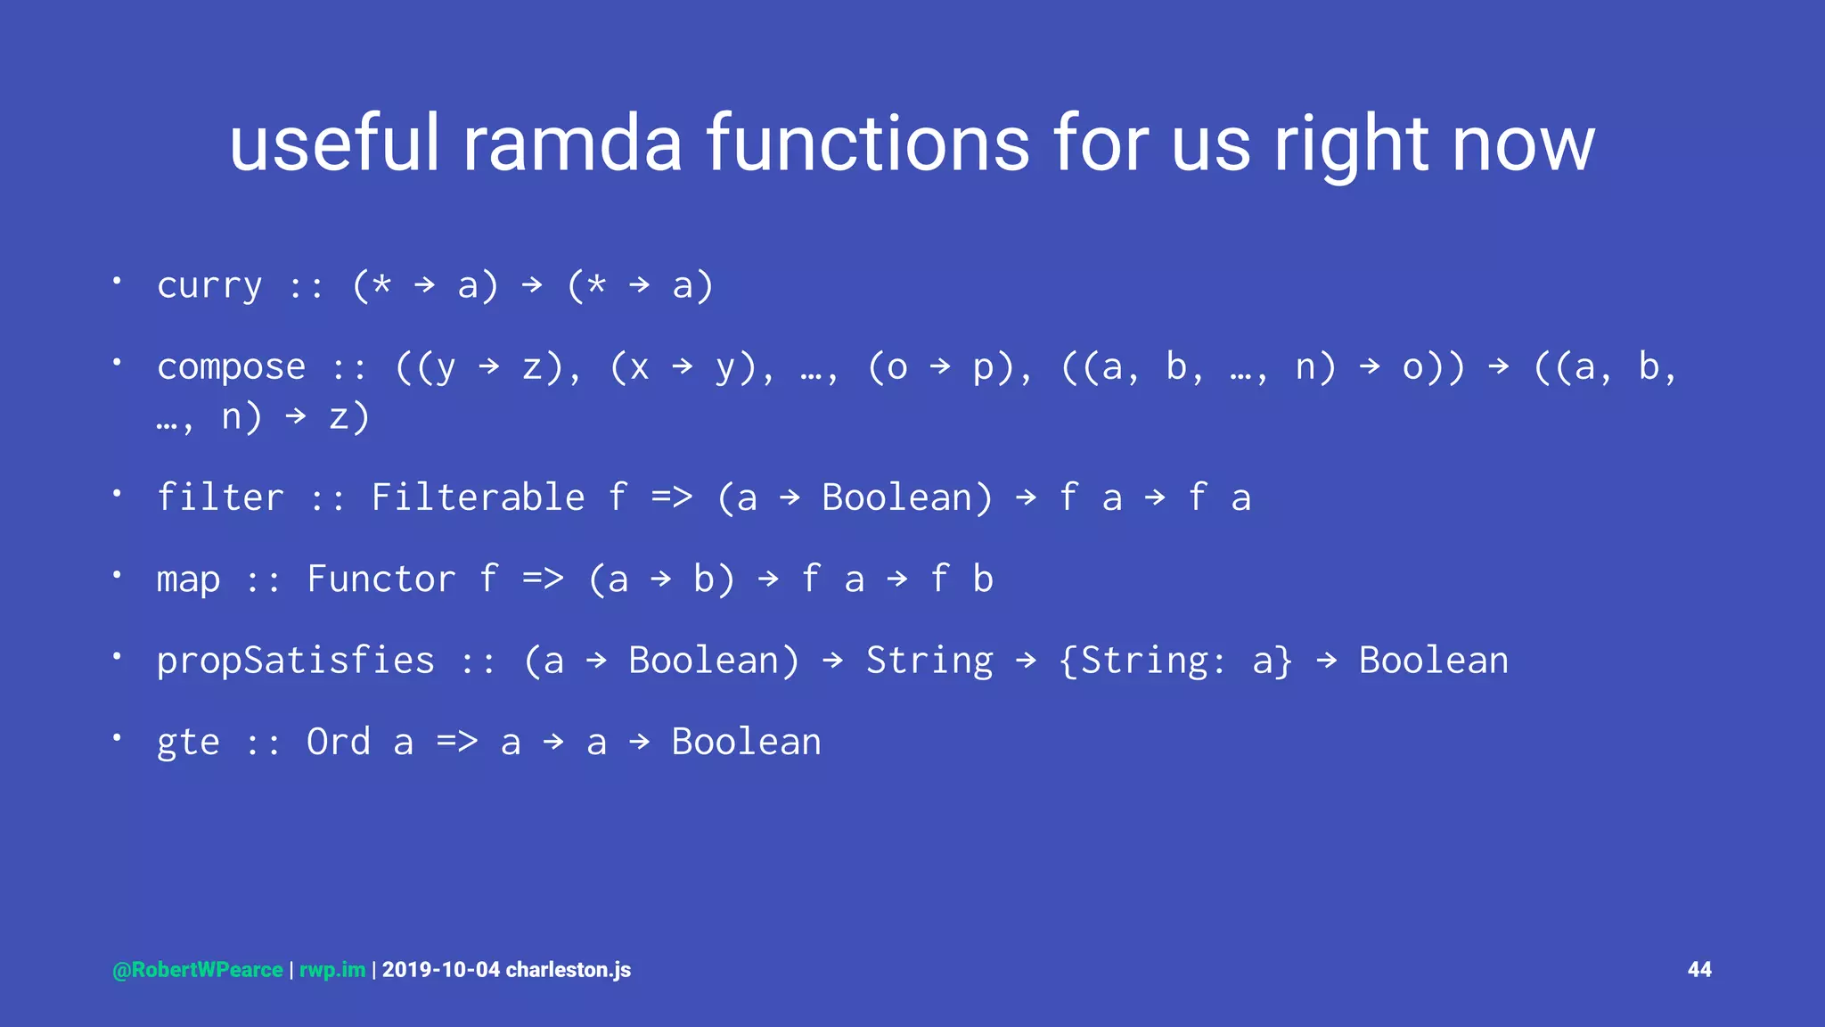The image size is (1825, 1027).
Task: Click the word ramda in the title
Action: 572,144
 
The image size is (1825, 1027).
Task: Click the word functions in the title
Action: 869,144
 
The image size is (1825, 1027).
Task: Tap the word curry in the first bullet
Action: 209,286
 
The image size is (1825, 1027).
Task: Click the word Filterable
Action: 478,497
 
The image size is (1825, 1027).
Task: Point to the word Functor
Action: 381,579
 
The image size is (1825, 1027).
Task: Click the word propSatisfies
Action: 295,661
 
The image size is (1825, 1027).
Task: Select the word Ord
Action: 338,742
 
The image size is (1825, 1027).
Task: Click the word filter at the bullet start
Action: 220,497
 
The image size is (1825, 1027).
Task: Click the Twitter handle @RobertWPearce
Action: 198,970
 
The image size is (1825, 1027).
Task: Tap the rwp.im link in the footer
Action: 331,970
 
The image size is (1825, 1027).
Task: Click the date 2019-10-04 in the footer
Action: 441,970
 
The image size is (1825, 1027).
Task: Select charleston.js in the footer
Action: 569,970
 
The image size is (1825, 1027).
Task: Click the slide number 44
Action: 1699,970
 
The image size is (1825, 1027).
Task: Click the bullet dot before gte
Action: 117,737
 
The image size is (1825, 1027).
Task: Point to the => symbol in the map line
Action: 543,579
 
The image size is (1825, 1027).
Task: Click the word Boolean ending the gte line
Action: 746,742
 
